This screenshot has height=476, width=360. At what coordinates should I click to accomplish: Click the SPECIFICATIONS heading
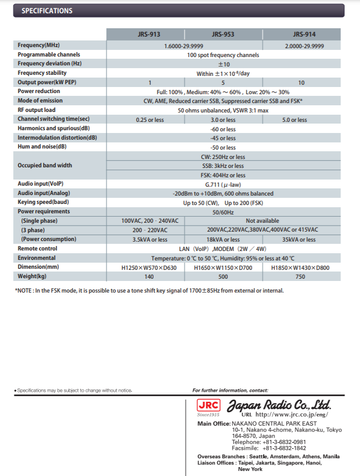coord(47,11)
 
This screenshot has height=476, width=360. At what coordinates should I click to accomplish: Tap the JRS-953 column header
coord(223,34)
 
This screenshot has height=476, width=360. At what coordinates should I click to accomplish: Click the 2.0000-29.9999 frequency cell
coord(305,45)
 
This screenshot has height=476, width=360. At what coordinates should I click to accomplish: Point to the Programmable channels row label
coord(49,55)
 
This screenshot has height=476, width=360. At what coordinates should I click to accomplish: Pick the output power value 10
coord(301,83)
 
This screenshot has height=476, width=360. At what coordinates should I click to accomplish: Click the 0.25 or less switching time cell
coord(150,120)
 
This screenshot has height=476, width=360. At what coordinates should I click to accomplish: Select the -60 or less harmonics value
coord(223,129)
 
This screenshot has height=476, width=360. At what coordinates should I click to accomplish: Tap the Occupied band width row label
coord(45,165)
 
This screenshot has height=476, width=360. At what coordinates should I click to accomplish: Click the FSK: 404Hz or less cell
coord(223,175)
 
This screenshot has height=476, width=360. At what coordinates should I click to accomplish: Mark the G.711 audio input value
coord(223,185)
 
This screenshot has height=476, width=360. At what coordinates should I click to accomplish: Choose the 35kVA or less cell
coord(299,239)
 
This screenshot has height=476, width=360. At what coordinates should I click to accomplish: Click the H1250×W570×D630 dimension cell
coord(150,267)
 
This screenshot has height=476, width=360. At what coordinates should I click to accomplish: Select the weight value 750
coord(300,276)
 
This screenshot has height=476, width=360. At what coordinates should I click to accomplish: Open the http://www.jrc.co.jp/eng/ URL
coord(292,414)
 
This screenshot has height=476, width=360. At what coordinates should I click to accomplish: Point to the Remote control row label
coord(37,249)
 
